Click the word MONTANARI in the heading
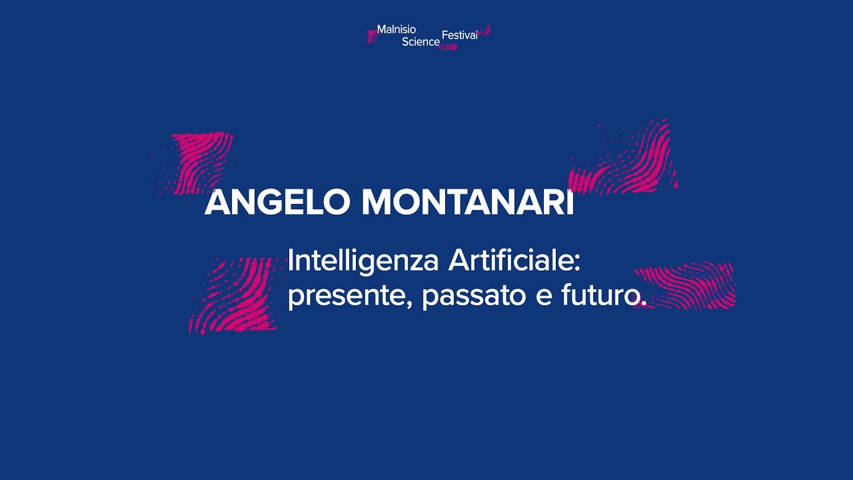pos(467,203)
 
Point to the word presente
pos(347,296)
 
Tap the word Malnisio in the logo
pos(396,29)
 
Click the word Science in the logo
pos(421,42)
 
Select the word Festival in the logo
pos(459,35)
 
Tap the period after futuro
pos(643,304)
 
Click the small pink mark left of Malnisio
pos(372,36)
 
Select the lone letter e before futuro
pos(544,297)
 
